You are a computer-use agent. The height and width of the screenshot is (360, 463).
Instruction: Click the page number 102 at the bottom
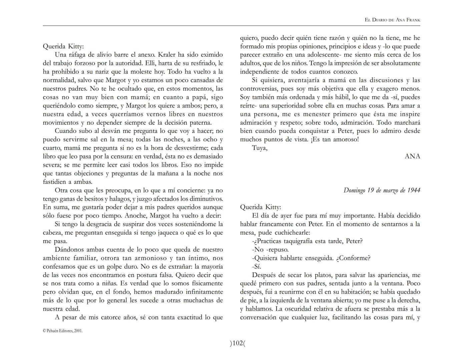tap(237, 343)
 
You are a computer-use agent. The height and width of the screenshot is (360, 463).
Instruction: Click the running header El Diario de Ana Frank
tap(392, 20)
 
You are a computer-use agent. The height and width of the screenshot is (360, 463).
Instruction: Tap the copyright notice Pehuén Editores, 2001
tap(63, 331)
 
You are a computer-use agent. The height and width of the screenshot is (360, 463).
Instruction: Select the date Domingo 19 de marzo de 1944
tap(382, 190)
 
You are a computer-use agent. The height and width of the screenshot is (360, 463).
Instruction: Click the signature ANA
tap(412, 156)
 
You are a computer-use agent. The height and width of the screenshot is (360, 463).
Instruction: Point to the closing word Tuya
tap(260, 148)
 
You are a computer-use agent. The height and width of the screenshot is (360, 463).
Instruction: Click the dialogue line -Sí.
tap(257, 266)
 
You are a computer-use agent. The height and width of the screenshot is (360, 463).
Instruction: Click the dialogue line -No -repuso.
tap(270, 249)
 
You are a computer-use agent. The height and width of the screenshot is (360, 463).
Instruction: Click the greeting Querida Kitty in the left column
tap(63, 46)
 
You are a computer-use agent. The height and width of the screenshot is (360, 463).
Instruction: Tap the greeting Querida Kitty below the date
tap(261, 207)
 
